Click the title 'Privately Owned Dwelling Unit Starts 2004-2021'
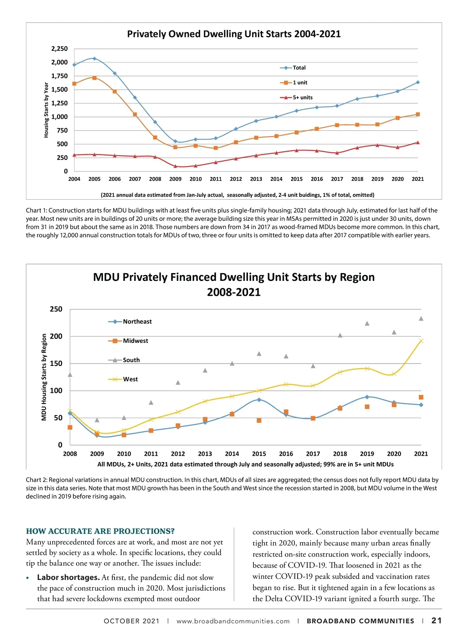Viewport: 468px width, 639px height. point(234,34)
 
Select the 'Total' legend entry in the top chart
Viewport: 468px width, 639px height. point(299,68)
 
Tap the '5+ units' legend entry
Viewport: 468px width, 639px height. point(302,98)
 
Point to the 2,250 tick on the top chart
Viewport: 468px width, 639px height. point(59,49)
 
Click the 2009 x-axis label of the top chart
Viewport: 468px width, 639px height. point(175,179)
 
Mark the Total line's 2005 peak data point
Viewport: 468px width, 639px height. point(94,59)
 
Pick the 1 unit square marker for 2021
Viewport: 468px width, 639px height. point(418,114)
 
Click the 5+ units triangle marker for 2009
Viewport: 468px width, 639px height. point(175,166)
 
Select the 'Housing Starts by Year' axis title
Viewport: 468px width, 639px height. point(46,110)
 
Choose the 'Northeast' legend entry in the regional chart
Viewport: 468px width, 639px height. point(137,321)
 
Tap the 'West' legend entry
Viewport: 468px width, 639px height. point(130,379)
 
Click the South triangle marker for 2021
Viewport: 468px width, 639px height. point(421,319)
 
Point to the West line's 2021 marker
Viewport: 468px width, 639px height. point(421,341)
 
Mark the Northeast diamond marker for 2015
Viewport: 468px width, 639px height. point(259,400)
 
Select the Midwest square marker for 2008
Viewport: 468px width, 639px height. point(70,428)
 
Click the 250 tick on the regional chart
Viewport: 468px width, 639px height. point(56,309)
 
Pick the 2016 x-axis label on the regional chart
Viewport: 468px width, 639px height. point(286,454)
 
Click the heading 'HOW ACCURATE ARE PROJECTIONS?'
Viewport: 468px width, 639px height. point(100,531)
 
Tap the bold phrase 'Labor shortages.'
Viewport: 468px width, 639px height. point(68,577)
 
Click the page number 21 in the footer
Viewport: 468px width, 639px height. point(436,621)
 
